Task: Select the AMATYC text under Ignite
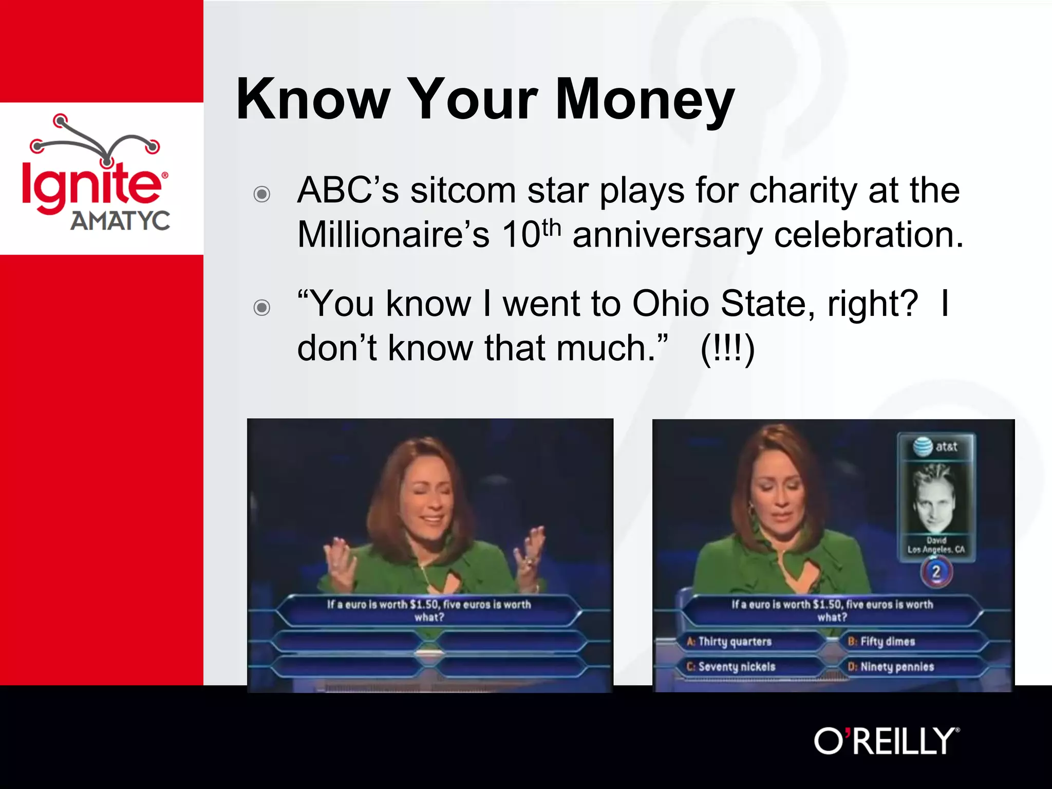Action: [120, 221]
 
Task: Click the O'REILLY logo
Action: [887, 741]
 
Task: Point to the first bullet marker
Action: [262, 194]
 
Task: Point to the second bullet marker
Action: [262, 308]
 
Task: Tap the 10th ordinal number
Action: [531, 234]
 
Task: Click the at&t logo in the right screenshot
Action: [935, 446]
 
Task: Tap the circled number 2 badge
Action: [936, 572]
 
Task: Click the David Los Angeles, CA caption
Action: [936, 545]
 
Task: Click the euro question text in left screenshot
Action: [429, 610]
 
